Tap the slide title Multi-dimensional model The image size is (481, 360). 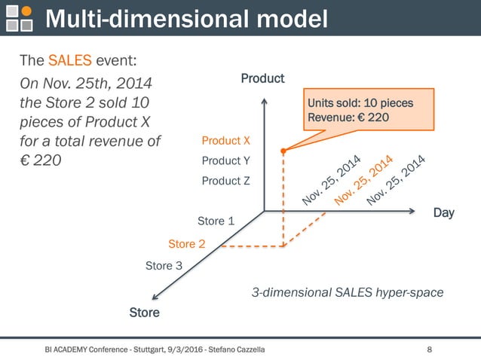[x=187, y=19]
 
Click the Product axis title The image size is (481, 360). [x=262, y=78]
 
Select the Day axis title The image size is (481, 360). [x=443, y=213]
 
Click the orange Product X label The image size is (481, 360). [x=226, y=141]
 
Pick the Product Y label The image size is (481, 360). [x=226, y=161]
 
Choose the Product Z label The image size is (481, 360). [x=226, y=181]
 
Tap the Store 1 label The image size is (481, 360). [x=216, y=221]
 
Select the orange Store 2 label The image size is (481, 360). [x=186, y=244]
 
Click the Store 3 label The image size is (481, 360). [x=164, y=266]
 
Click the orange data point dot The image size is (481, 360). [x=283, y=151]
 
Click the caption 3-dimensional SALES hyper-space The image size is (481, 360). [x=346, y=291]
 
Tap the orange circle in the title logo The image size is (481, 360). [x=27, y=11]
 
